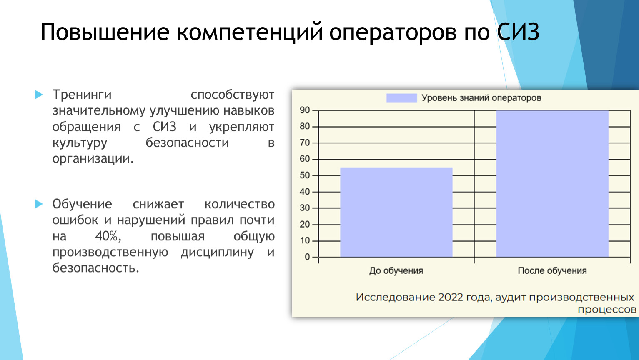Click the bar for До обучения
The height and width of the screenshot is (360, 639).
(396, 212)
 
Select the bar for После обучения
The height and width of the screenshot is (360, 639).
(552, 184)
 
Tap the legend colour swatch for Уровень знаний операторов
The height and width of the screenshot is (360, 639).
(402, 98)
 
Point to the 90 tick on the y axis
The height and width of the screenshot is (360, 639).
(305, 110)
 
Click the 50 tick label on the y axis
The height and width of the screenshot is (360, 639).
(305, 175)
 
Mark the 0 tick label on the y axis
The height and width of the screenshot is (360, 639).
(307, 257)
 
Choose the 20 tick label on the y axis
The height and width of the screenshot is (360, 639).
(305, 224)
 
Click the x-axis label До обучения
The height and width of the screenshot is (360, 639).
(396, 270)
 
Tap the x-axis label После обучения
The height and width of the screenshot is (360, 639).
(552, 270)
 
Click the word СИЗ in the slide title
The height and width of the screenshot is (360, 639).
(519, 32)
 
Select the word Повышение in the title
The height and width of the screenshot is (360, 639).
(105, 32)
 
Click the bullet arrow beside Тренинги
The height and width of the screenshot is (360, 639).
(39, 95)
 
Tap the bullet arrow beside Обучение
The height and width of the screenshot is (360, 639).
(39, 204)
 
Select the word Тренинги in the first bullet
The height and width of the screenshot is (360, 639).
(82, 95)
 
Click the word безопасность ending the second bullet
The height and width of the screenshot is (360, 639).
(95, 267)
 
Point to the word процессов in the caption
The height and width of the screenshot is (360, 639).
(607, 310)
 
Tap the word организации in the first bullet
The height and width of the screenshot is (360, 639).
(93, 159)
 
